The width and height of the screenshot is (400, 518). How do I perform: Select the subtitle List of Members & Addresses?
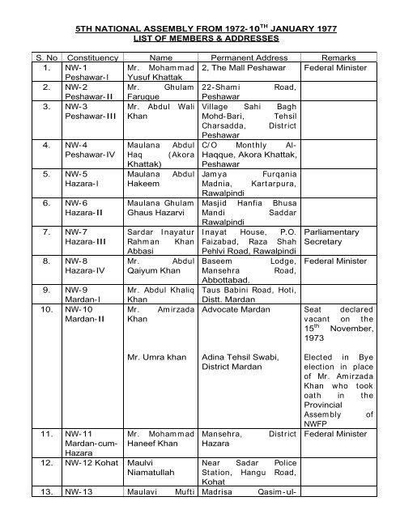[199, 38]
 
